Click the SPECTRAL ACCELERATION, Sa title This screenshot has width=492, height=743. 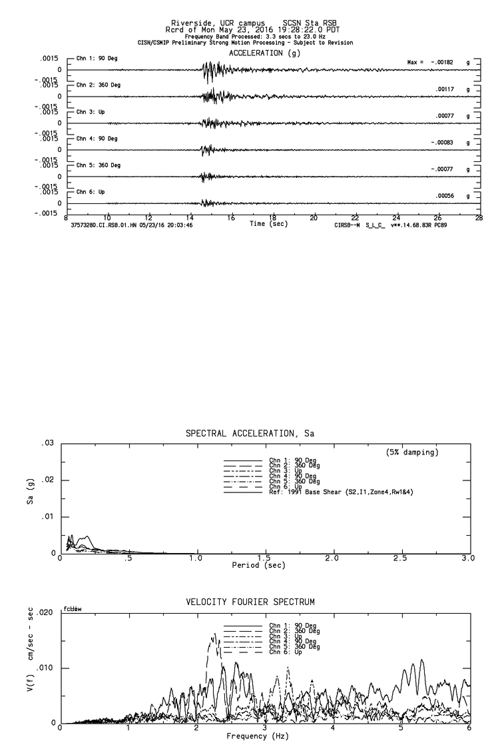click(x=250, y=434)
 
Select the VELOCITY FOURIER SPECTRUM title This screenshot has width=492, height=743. click(x=250, y=602)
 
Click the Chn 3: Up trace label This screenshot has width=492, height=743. click(x=91, y=112)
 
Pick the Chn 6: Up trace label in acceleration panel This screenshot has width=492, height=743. click(x=91, y=191)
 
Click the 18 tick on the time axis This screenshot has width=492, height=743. click(x=272, y=218)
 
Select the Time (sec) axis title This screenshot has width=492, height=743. click(x=268, y=225)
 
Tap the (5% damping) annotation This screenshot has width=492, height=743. click(x=412, y=452)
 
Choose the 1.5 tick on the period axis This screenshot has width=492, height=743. click(x=264, y=558)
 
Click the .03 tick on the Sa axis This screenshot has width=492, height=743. click(x=47, y=443)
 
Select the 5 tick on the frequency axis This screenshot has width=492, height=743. click(x=401, y=728)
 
